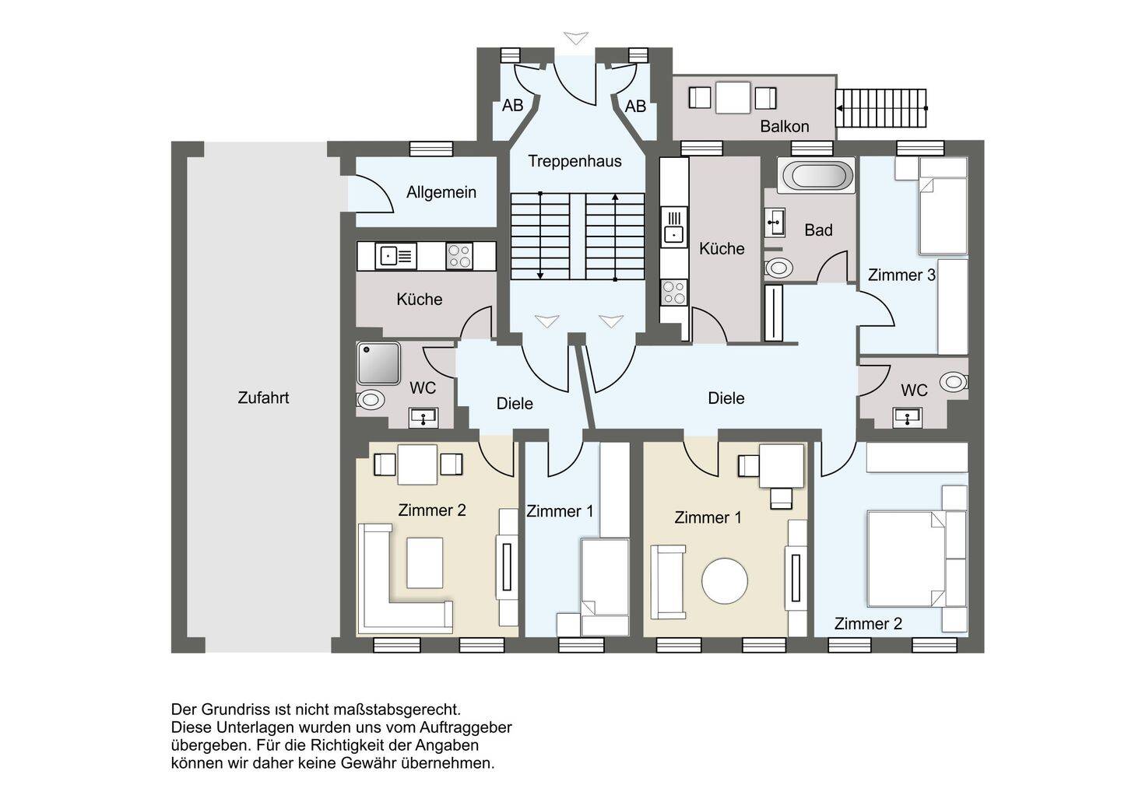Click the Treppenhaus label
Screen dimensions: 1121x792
(575, 162)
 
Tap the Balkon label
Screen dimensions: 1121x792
(784, 127)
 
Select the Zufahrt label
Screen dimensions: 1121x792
(263, 398)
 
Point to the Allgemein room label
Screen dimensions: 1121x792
(441, 192)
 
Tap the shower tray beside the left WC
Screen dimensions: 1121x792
(379, 363)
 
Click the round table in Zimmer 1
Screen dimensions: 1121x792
(724, 581)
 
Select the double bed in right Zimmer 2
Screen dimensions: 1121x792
(906, 559)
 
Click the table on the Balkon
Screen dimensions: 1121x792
(733, 97)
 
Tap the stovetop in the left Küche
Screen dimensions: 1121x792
(459, 256)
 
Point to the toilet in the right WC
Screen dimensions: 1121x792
(953, 382)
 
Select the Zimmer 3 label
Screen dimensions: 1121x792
(901, 275)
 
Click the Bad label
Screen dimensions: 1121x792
(818, 230)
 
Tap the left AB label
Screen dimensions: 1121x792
(512, 106)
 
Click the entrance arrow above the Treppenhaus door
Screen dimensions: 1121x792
(575, 38)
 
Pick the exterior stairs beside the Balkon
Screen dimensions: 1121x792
(881, 108)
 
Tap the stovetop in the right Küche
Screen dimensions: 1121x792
(673, 293)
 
